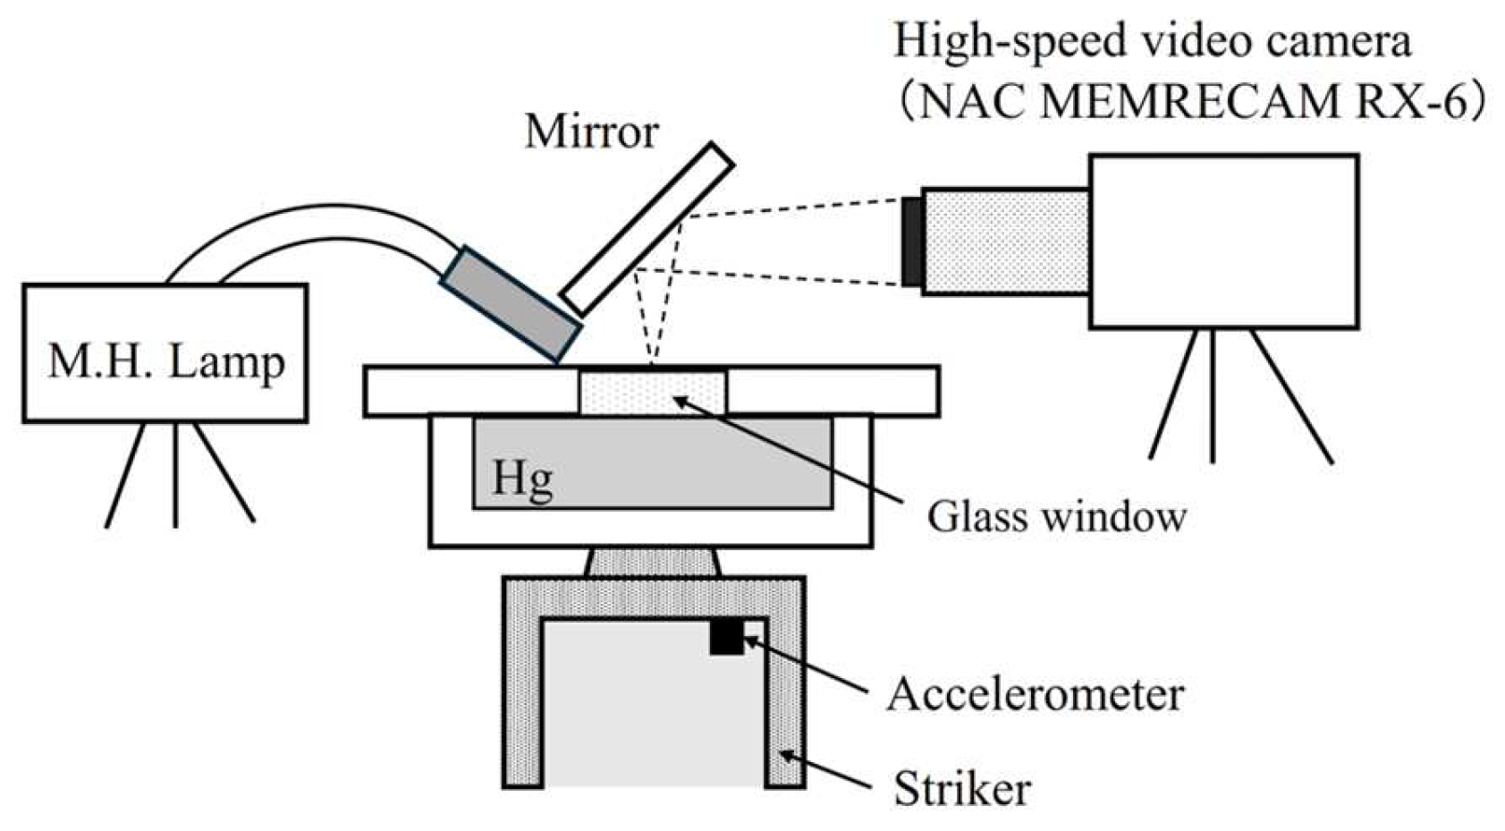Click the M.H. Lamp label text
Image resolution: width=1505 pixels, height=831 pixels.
click(x=166, y=362)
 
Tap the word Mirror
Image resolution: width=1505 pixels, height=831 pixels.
click(x=591, y=131)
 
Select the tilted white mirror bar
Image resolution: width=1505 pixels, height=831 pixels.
click(x=647, y=229)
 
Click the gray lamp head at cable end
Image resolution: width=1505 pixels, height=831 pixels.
click(x=511, y=302)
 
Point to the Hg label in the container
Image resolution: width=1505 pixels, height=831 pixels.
click(x=522, y=479)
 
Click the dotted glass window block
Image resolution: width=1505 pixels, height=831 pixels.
click(x=653, y=393)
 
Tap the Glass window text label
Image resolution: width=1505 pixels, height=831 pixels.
click(x=1056, y=516)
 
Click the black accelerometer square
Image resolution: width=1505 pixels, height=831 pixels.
click(x=726, y=638)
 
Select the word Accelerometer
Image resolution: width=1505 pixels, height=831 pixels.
click(x=1035, y=694)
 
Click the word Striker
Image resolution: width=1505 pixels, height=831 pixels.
click(x=961, y=789)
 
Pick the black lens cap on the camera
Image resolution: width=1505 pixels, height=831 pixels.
click(x=912, y=242)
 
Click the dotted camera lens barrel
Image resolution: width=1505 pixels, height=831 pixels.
click(x=1005, y=242)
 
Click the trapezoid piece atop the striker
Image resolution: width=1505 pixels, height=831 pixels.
click(x=653, y=563)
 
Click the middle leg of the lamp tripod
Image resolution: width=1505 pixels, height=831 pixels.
click(x=175, y=474)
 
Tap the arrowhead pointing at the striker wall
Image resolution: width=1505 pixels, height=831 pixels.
click(x=787, y=756)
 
